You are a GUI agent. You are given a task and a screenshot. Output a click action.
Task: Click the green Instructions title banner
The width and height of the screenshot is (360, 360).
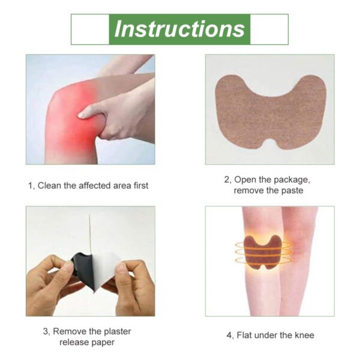click(x=179, y=29)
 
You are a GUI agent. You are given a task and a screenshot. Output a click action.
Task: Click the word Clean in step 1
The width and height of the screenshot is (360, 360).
click(x=50, y=185)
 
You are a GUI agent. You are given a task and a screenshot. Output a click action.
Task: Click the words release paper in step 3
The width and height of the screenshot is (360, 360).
click(x=87, y=342)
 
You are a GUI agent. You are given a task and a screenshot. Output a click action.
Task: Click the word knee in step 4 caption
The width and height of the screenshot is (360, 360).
click(x=302, y=335)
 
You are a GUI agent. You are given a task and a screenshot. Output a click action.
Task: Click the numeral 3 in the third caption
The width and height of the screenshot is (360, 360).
click(x=46, y=331)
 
